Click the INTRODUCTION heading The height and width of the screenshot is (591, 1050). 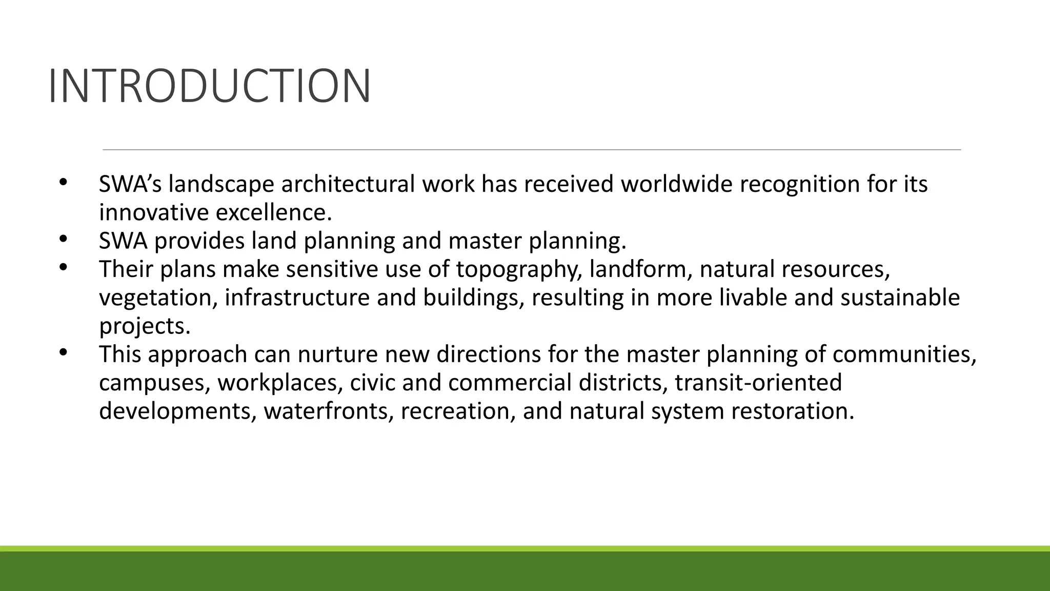pos(209,86)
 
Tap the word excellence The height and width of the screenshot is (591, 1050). pos(273,212)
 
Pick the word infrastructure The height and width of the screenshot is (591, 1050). pos(297,298)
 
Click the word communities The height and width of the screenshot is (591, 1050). pos(904,354)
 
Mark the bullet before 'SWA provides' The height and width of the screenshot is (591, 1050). pos(63,239)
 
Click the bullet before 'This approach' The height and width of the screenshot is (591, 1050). pos(63,352)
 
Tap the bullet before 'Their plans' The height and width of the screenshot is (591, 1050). pos(63,267)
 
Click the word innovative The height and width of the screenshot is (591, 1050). pos(154,212)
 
